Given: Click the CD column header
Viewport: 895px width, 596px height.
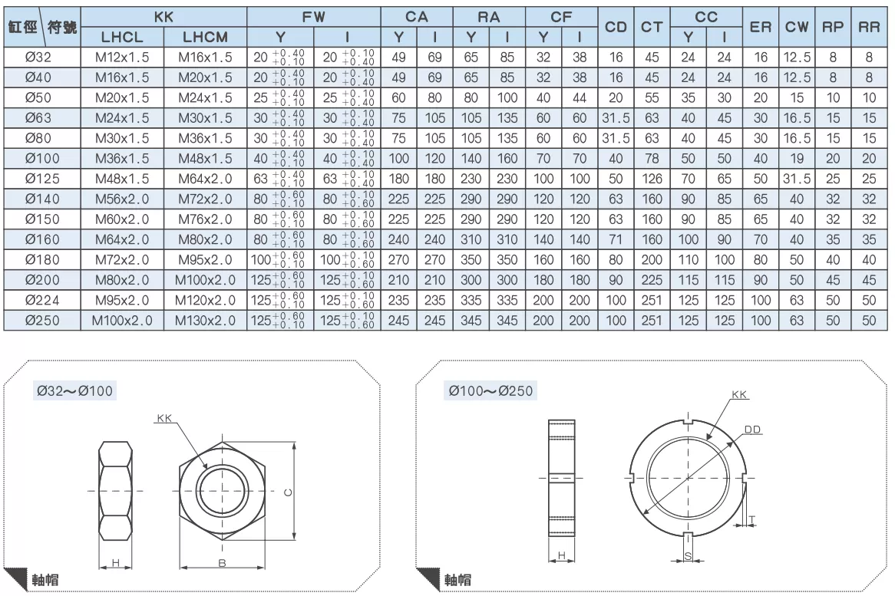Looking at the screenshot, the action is click(616, 27).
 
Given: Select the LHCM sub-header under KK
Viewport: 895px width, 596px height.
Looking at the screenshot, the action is click(205, 37).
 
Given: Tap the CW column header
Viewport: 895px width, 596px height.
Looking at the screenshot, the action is click(796, 27).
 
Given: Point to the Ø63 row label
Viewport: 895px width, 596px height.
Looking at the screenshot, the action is click(38, 118).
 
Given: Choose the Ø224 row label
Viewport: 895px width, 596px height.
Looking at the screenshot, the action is click(42, 300).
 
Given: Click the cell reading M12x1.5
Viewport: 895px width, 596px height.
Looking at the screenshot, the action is click(122, 57).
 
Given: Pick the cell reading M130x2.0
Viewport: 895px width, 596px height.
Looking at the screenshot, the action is click(205, 321).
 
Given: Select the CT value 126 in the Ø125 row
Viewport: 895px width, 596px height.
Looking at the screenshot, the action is click(651, 179).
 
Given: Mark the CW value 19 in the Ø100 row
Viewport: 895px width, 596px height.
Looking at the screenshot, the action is click(796, 159).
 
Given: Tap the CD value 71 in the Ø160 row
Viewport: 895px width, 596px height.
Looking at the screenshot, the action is click(616, 239).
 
